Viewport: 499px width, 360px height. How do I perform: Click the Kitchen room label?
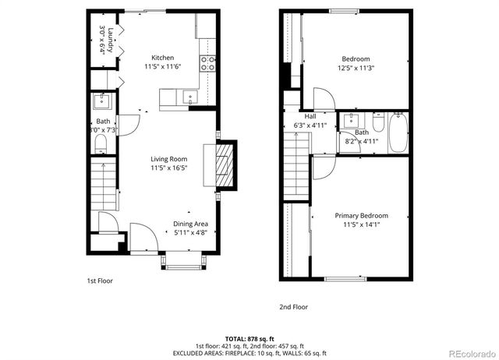click(162, 58)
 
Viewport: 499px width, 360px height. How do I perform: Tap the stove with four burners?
click(208, 63)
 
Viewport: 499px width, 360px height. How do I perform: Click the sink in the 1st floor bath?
click(102, 101)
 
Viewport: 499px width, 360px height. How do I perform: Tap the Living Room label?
click(169, 159)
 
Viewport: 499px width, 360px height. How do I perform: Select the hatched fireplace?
click(224, 165)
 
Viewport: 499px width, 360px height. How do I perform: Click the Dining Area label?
click(190, 224)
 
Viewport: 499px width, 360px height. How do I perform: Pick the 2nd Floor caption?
click(293, 307)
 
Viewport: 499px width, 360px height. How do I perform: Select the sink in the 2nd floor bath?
click(352, 121)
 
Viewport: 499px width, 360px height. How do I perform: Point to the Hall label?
click(299, 116)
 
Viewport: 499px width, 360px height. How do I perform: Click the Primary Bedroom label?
click(361, 215)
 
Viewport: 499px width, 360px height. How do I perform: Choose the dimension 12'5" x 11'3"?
click(355, 68)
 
